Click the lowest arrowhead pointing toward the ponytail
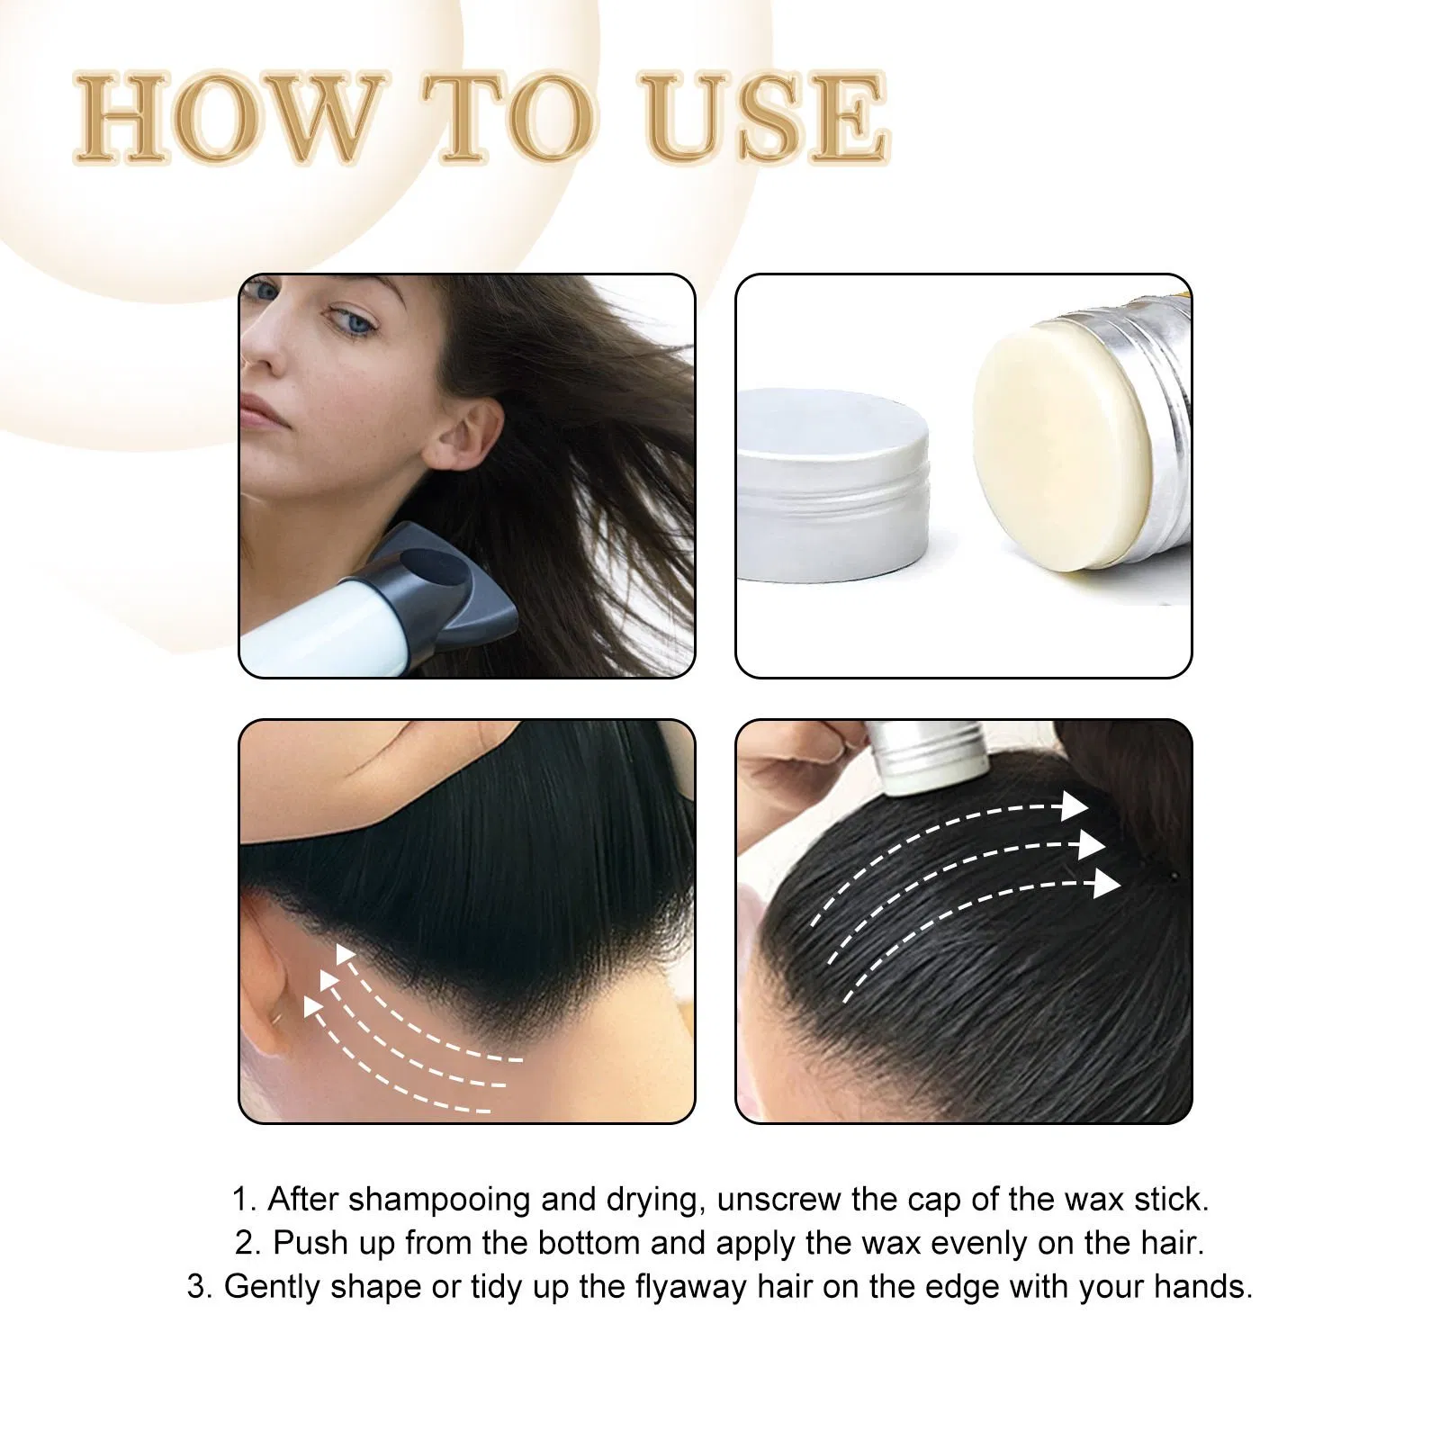pos(1106,885)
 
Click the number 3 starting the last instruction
pos(196,1287)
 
